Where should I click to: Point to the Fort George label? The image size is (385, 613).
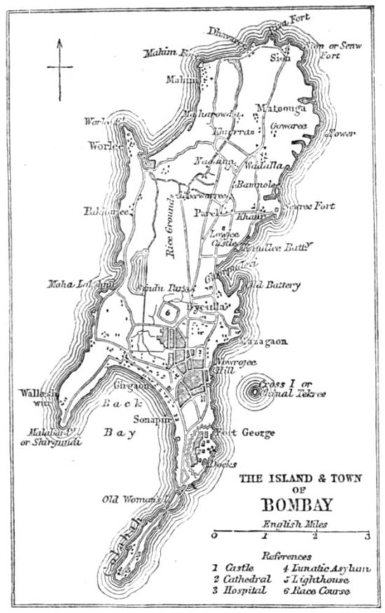[x=245, y=433]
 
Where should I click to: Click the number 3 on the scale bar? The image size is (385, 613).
[x=366, y=537]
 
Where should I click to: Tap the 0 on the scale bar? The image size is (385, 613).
[x=213, y=537]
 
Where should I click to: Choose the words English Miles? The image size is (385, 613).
[x=289, y=523]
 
